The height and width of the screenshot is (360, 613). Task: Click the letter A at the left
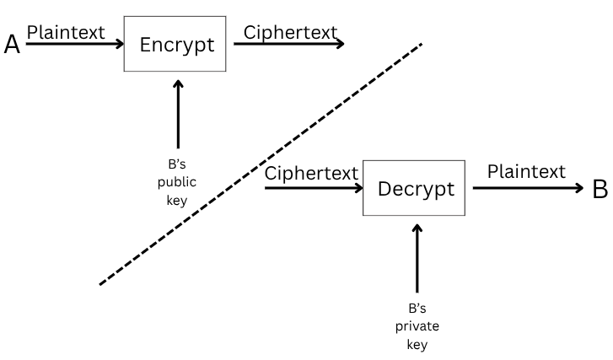[x=12, y=44]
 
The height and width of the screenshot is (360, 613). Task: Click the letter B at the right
[x=600, y=189]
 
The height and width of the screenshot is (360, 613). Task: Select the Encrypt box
[x=175, y=44]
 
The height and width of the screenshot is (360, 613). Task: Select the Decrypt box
[x=414, y=189]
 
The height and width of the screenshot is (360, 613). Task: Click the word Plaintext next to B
[x=525, y=172]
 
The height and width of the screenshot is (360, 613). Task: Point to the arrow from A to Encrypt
[x=76, y=44]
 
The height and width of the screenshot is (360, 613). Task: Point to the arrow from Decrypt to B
[x=527, y=188]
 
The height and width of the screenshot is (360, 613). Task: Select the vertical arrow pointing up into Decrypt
[x=417, y=257]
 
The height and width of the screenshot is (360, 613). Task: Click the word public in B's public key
[x=177, y=183]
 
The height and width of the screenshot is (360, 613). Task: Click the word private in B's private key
[x=417, y=326]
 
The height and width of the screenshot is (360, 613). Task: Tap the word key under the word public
[x=177, y=201]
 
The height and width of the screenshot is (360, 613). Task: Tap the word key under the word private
[x=417, y=344]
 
